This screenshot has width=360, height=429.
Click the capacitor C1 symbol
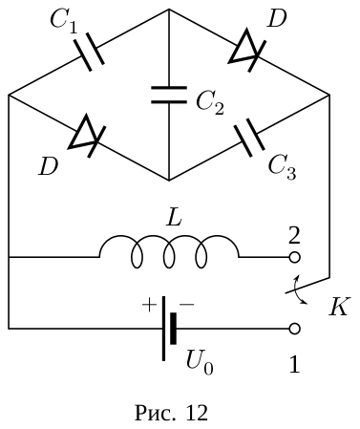(89, 52)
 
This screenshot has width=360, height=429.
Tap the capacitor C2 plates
(169, 95)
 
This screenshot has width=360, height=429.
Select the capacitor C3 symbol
(249, 138)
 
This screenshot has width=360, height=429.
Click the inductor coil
(169, 251)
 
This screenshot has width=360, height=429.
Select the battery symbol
(168, 329)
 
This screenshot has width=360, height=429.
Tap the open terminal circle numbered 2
(294, 257)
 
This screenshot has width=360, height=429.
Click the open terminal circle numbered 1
(294, 329)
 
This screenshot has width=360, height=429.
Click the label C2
(210, 102)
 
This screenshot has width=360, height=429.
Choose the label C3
(282, 167)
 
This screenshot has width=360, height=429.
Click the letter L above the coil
(174, 218)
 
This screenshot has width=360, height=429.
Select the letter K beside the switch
(340, 307)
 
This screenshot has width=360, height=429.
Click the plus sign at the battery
(149, 306)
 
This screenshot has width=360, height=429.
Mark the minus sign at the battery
(187, 305)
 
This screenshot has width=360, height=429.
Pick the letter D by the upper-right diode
(277, 20)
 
